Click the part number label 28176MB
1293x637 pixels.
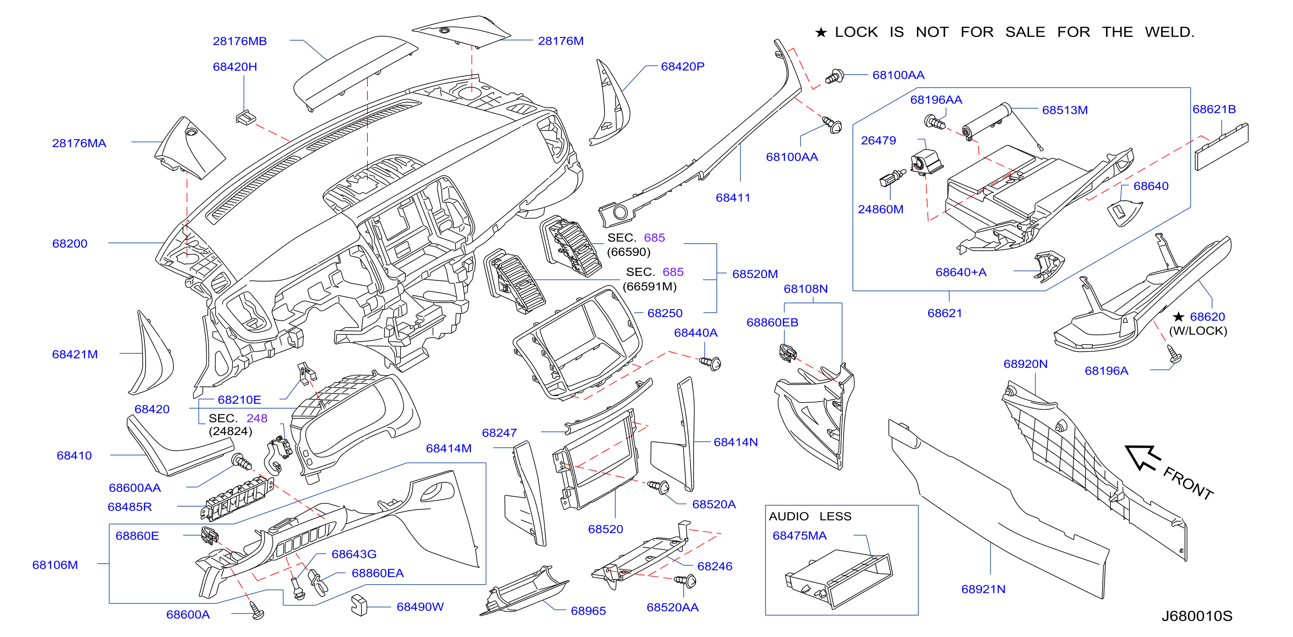click(x=239, y=41)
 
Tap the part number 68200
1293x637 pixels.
click(x=70, y=244)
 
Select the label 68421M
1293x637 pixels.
click(x=75, y=355)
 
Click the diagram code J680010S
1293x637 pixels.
click(x=1197, y=616)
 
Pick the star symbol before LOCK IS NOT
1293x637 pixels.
click(x=821, y=33)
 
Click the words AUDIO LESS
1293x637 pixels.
click(x=810, y=517)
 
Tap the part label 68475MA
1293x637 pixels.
click(x=799, y=536)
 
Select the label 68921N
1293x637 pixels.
click(x=983, y=589)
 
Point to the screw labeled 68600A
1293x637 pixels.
click(x=257, y=610)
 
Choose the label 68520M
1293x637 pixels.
click(x=755, y=274)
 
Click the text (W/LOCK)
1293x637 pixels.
click(x=1198, y=331)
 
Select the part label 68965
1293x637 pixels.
click(x=588, y=611)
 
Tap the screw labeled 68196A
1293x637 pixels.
click(x=1174, y=354)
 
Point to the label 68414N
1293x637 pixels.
click(x=736, y=443)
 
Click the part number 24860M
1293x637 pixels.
click(x=880, y=209)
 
